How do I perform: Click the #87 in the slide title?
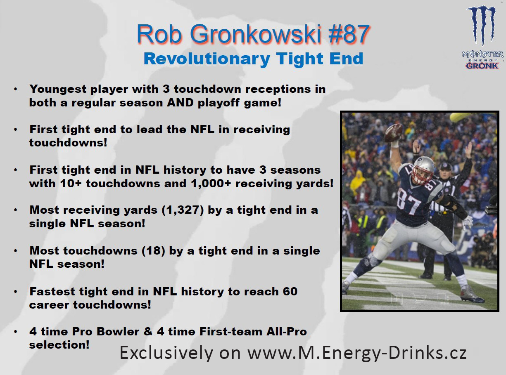point(349,34)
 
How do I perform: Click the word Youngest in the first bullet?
point(58,89)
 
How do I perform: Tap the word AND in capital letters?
point(180,103)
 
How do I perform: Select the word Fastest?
point(52,291)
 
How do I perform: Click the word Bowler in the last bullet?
point(118,332)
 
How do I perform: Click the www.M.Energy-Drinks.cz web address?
point(357,352)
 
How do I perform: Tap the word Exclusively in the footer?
point(166,352)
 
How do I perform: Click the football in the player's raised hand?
point(394,133)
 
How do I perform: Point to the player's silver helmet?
point(423,170)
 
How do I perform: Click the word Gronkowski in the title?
point(256,34)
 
